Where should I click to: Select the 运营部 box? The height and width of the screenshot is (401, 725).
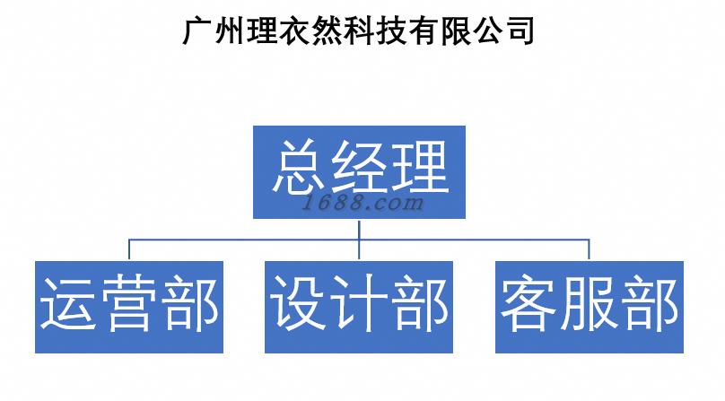coord(128,307)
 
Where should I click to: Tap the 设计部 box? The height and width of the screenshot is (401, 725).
coord(359,307)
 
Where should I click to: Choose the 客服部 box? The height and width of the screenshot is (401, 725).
coord(590,307)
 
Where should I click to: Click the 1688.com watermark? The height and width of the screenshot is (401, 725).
coord(362,203)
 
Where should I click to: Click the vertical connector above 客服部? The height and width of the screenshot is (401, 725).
coord(590,250)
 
